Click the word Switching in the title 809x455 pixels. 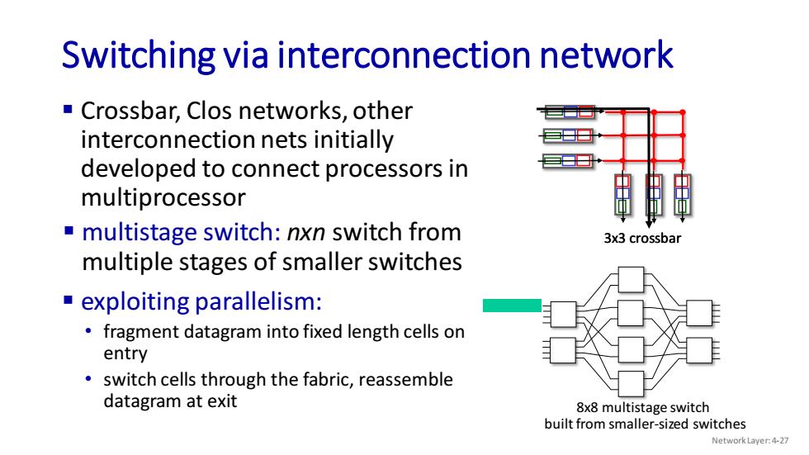point(139,55)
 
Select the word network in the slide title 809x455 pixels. point(606,55)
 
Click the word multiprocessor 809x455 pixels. point(163,197)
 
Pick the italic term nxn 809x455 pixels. point(306,233)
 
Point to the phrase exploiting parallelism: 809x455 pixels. point(201,301)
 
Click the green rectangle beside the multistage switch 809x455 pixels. point(512,306)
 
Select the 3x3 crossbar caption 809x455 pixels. point(642,239)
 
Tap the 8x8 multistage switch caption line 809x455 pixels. point(643,408)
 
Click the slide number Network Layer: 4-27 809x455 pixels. point(750,441)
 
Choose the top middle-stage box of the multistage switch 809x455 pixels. point(631,280)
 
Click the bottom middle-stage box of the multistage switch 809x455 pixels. point(631,383)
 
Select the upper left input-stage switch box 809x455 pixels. point(563,314)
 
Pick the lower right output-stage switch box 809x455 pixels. point(700,350)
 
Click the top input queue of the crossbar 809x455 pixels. point(570,111)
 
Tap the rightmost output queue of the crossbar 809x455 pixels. point(682,194)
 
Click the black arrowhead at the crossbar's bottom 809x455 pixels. point(649,225)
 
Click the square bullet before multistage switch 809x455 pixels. point(69,230)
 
